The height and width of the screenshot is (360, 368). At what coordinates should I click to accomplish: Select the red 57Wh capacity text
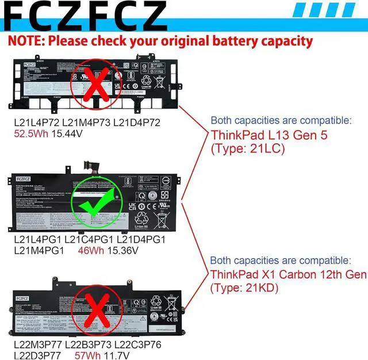tap(90, 355)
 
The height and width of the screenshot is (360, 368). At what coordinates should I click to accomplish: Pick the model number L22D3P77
tap(38, 355)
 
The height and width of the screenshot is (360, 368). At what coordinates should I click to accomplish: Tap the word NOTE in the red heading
tap(26, 41)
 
